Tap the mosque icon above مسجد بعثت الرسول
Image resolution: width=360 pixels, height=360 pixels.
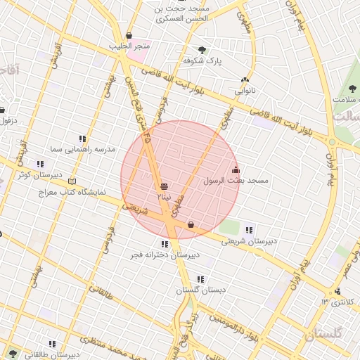(236, 169)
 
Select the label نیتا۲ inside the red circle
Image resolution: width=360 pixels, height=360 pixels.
(163, 197)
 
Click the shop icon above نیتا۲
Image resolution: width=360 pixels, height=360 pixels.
(164, 186)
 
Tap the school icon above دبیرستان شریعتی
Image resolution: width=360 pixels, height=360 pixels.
(249, 230)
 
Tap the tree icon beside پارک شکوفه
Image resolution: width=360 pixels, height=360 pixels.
(202, 50)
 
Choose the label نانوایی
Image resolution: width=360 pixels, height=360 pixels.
(245, 91)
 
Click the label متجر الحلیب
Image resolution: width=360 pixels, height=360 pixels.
(129, 47)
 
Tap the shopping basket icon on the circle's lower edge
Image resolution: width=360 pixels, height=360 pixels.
(191, 225)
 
